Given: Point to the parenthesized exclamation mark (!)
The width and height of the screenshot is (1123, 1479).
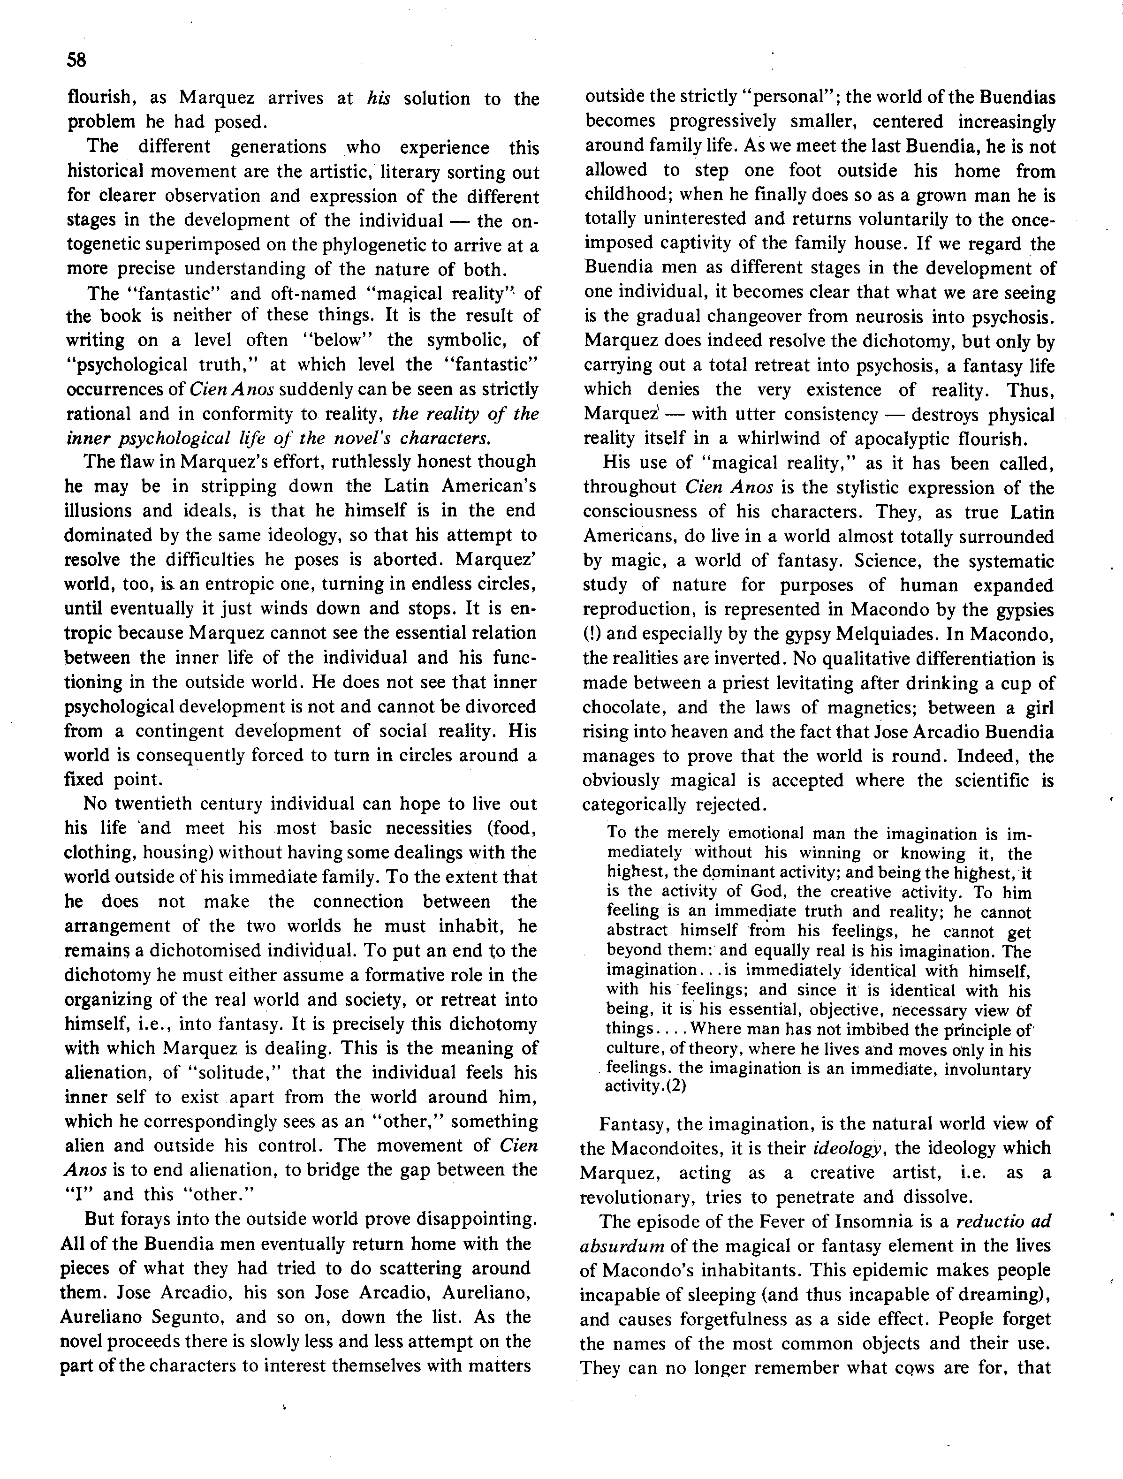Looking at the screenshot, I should [591, 634].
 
